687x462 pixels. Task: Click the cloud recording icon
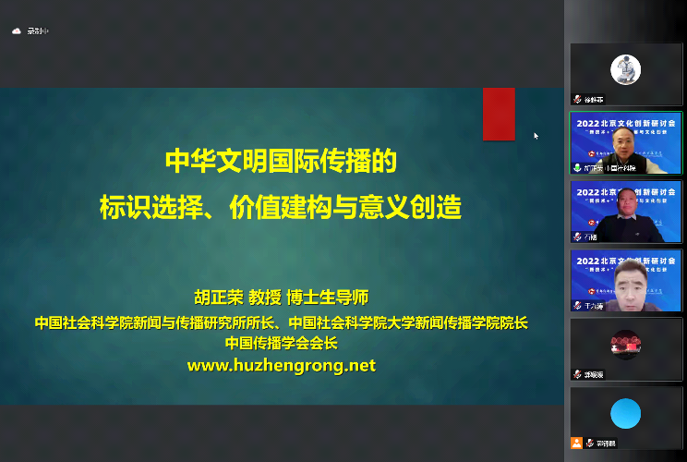(x=16, y=30)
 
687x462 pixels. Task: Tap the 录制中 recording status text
(x=38, y=30)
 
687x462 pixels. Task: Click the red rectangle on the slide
(x=499, y=114)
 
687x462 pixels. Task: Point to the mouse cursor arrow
(x=536, y=135)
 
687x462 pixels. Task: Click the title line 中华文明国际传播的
(x=281, y=162)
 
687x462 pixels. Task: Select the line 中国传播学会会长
(x=282, y=343)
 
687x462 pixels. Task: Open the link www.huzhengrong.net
(x=282, y=365)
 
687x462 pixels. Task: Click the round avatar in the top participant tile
(x=625, y=70)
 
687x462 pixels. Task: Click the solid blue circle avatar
(x=625, y=413)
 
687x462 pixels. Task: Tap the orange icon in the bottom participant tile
(x=577, y=443)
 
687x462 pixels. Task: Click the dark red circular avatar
(x=625, y=344)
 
